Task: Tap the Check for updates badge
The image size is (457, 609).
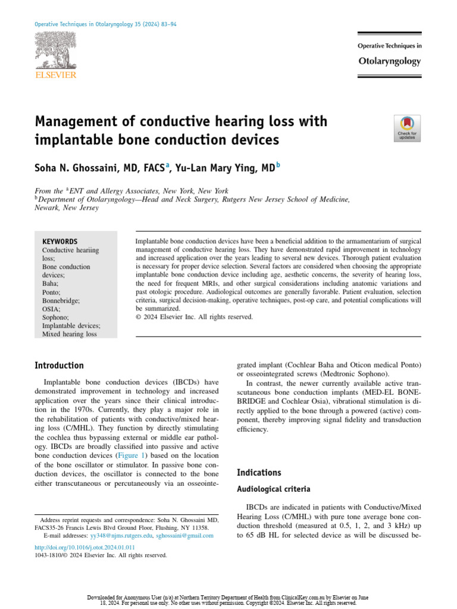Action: click(x=407, y=128)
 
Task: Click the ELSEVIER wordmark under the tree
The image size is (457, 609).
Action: click(x=55, y=75)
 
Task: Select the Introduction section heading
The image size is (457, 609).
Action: click(x=59, y=365)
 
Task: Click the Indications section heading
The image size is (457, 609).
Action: click(x=258, y=473)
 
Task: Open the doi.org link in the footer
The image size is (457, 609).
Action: click(x=84, y=547)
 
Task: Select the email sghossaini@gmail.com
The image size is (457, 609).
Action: click(x=184, y=536)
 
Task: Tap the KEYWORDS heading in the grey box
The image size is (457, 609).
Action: click(x=60, y=241)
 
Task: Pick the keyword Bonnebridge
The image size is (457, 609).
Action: click(x=62, y=301)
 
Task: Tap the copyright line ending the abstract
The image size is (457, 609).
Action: click(x=195, y=317)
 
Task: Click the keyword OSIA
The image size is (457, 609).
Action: click(x=52, y=309)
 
